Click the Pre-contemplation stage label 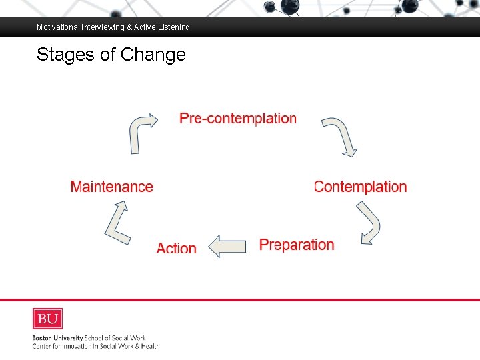click(238, 119)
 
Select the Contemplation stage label click(360, 187)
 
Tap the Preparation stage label click(297, 245)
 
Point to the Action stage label click(176, 249)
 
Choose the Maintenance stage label click(111, 187)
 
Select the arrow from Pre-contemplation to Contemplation click(341, 136)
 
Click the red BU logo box click(47, 319)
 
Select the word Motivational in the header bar click(58, 27)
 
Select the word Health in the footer click(149, 345)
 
